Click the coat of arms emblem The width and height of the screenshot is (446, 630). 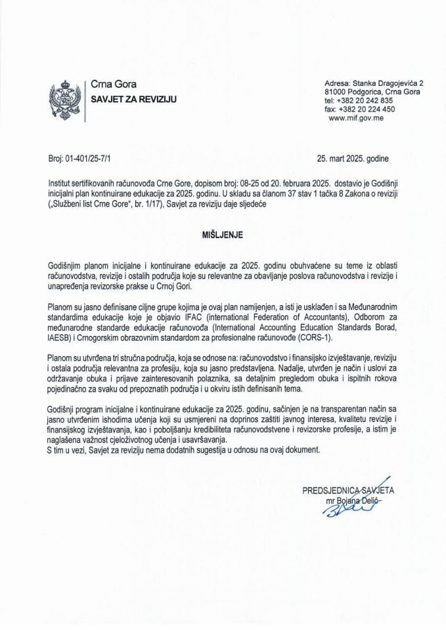tap(64, 98)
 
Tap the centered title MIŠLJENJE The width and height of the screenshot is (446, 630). tap(222, 232)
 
